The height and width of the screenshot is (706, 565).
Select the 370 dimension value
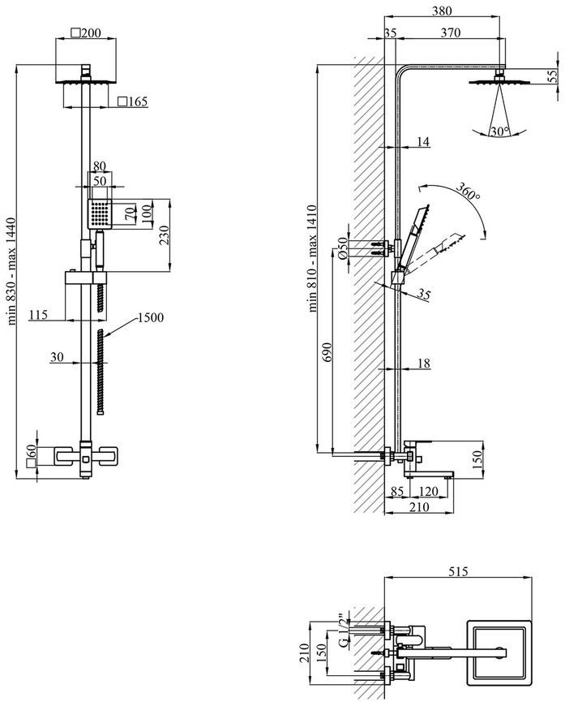click(x=450, y=32)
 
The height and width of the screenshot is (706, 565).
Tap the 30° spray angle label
click(x=500, y=131)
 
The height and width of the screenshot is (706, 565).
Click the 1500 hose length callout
click(x=150, y=318)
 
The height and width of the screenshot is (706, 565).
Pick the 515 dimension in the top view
click(x=458, y=571)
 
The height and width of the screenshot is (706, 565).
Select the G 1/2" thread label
click(x=343, y=630)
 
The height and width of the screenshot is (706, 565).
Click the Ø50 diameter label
click(x=343, y=248)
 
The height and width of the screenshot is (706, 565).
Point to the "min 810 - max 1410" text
click(x=313, y=258)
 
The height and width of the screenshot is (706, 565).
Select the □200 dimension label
click(x=86, y=33)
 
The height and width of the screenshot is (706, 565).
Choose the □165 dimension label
click(x=132, y=101)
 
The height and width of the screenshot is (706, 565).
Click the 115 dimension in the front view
click(x=38, y=314)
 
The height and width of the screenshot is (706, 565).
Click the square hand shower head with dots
click(x=100, y=213)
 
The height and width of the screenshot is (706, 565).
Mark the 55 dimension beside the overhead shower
click(x=552, y=76)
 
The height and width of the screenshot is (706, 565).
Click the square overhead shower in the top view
click(x=499, y=653)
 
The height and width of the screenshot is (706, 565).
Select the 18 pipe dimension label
click(x=424, y=363)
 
